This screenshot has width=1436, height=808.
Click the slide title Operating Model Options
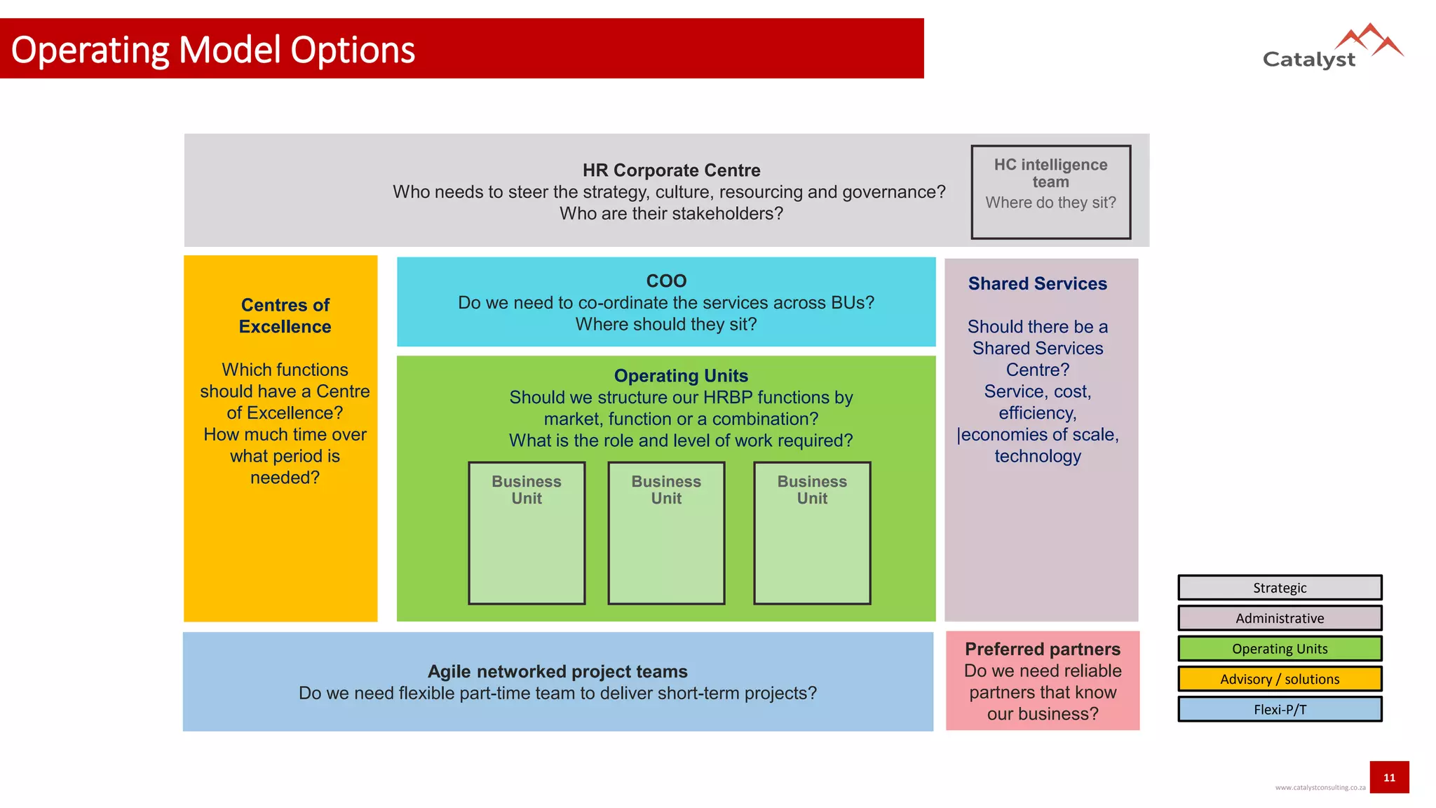pos(213,50)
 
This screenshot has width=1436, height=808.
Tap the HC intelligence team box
pos(1050,191)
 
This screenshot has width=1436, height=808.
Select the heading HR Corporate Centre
pos(671,170)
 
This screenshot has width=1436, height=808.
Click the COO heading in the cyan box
pos(666,281)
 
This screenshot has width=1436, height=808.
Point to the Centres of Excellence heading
pos(285,316)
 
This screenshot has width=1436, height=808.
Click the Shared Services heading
pos(1037,283)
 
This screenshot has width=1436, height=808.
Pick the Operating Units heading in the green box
pos(681,376)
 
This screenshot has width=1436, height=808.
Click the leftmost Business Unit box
pos(527,532)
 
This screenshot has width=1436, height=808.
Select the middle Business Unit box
pos(666,532)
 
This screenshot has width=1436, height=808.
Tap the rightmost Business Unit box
pos(812,532)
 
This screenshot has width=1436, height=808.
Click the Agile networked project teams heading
pos(557,671)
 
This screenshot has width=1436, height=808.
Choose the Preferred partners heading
pos(1043,649)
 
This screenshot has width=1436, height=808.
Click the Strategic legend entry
pos(1280,588)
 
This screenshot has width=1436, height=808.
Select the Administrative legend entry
pos(1280,618)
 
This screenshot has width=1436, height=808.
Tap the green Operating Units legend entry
pos(1280,649)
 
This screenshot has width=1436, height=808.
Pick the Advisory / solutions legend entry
pos(1280,679)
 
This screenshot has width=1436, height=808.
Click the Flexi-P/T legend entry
pos(1280,709)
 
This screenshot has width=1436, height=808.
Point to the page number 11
pos(1389,777)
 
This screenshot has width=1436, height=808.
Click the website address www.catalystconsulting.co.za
pos(1320,788)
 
